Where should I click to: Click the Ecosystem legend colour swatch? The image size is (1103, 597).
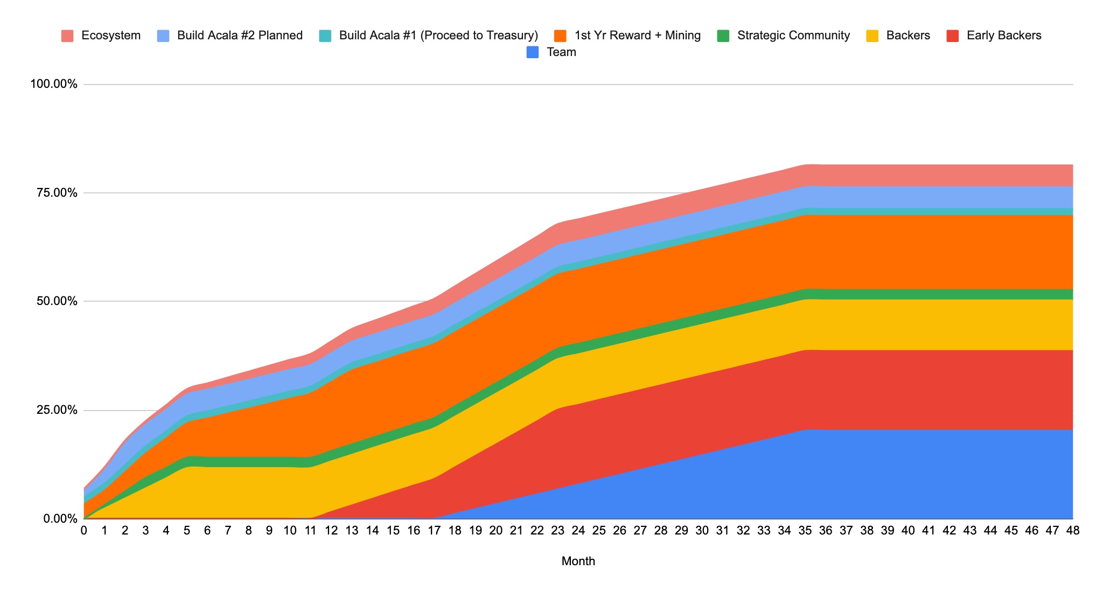[67, 36]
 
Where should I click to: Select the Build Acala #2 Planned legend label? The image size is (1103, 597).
[240, 36]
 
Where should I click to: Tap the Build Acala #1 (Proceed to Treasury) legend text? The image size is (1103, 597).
[438, 36]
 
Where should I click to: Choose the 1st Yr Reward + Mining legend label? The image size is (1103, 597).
[638, 36]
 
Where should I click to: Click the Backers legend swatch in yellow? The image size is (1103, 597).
[872, 36]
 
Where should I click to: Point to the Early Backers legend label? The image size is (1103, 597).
[1004, 36]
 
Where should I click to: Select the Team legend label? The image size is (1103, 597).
[561, 52]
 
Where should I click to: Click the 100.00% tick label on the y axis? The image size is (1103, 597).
[54, 85]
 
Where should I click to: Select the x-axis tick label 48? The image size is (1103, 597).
[1073, 531]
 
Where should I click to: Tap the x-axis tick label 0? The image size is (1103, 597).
[84, 531]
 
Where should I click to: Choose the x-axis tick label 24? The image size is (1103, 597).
[578, 531]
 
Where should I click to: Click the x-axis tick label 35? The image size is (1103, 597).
[805, 531]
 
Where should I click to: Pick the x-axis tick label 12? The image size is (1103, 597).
[331, 531]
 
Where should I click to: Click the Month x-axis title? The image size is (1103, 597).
[578, 561]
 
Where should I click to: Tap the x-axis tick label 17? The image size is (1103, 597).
[434, 531]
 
